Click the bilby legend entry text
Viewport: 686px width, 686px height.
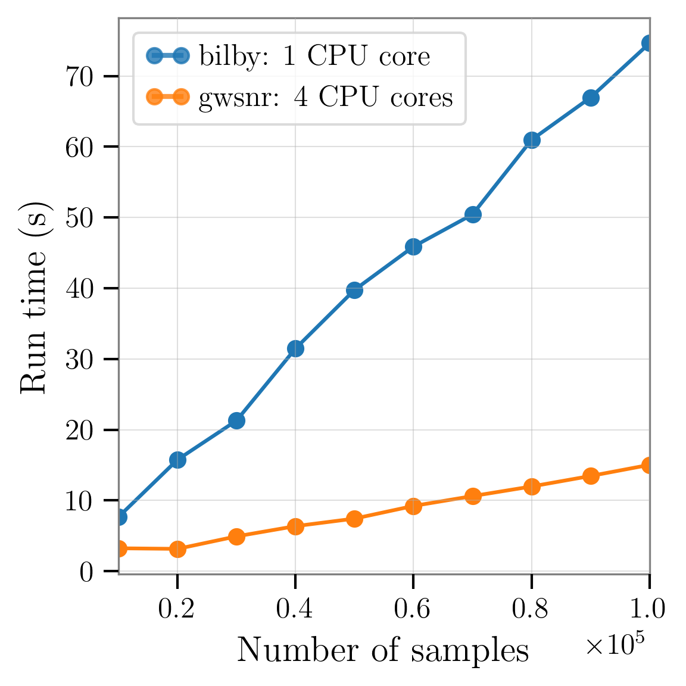coord(314,57)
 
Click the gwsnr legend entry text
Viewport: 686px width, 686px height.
coord(326,97)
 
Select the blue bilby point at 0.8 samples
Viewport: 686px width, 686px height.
coord(532,141)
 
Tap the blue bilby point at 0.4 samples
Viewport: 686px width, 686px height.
coord(295,349)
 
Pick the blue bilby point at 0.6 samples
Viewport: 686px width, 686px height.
coord(413,247)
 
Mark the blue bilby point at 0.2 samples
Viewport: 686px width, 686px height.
coord(177,460)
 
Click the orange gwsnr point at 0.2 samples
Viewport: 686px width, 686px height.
coord(177,549)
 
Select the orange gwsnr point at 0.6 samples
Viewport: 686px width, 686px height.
coord(413,506)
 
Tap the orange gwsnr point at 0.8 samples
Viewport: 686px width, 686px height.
coord(532,487)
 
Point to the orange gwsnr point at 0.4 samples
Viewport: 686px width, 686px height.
coord(295,526)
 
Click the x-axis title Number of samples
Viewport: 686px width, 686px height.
coord(383,650)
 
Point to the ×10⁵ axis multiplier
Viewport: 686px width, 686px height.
coord(614,645)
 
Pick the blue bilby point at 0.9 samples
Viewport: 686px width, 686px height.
coord(591,98)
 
